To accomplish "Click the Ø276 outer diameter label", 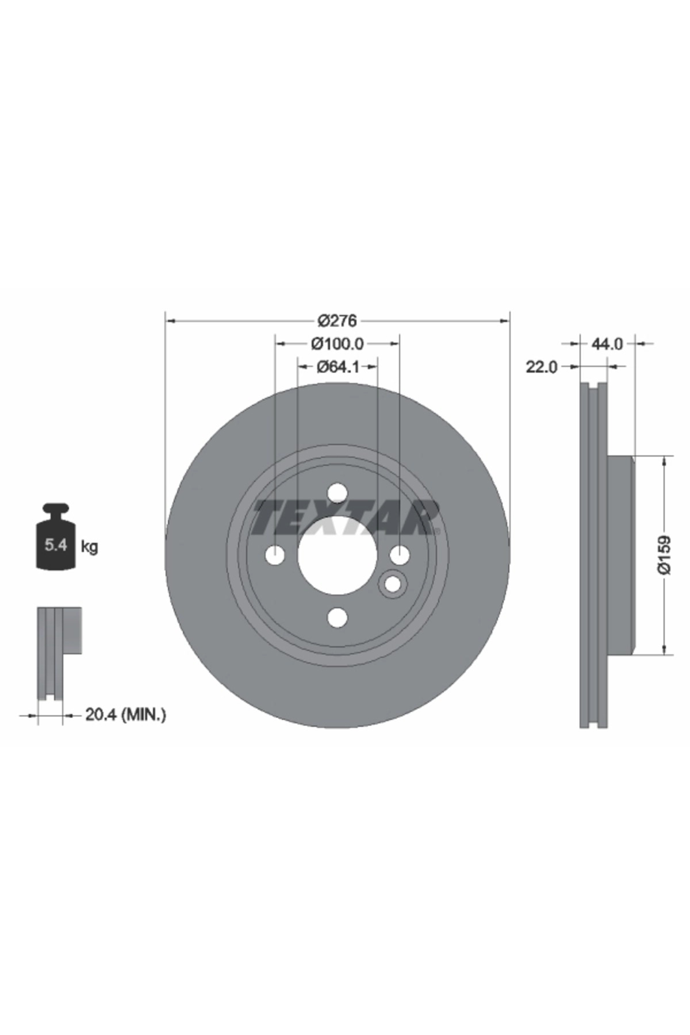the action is [338, 320].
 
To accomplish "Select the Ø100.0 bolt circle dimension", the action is [338, 344].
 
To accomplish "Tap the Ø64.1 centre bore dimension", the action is [338, 366].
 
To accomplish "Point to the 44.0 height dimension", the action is [607, 344].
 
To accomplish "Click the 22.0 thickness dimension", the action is [542, 367].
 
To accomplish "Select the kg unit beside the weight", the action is [90, 546].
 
